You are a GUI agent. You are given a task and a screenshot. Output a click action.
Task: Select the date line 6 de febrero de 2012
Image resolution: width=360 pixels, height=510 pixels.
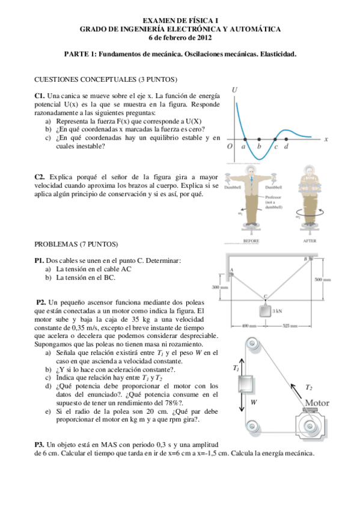180,37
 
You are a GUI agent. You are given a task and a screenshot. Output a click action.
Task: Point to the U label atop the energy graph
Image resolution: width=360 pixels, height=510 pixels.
234,90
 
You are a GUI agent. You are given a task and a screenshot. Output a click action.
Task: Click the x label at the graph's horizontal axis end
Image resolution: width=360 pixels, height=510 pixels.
326,139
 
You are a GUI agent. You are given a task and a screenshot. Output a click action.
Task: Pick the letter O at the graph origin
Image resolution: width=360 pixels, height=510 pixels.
230,146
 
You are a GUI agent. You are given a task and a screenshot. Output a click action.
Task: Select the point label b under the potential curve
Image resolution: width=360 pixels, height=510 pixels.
259,146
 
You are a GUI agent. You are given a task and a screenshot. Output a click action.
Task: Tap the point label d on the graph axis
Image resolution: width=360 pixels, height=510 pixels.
286,146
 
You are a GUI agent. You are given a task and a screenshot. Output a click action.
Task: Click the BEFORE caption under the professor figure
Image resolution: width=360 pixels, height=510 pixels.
251,241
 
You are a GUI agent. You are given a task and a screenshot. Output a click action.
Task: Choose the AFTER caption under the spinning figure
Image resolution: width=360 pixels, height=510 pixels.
310,241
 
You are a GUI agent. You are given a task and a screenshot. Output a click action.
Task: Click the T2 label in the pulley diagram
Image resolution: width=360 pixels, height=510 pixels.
309,387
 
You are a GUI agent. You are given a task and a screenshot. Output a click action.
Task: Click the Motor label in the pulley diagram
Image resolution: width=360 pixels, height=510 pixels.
317,402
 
